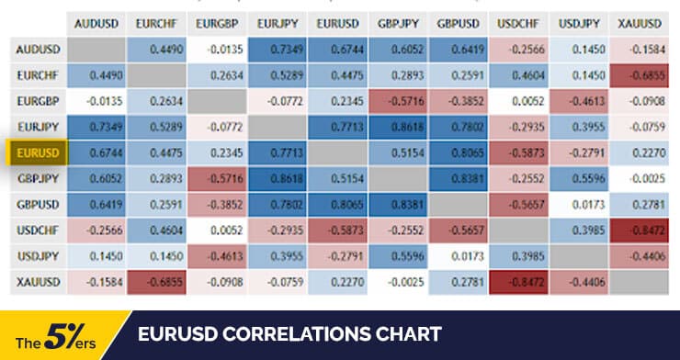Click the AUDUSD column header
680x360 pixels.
click(x=95, y=21)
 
